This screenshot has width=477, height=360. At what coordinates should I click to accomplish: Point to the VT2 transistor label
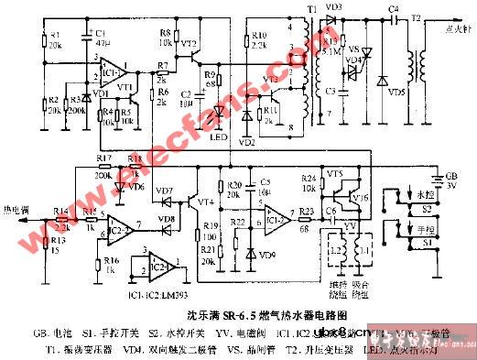(x=189, y=42)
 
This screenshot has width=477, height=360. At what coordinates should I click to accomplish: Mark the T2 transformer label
(x=415, y=19)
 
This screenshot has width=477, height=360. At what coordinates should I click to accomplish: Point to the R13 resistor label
(x=60, y=239)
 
